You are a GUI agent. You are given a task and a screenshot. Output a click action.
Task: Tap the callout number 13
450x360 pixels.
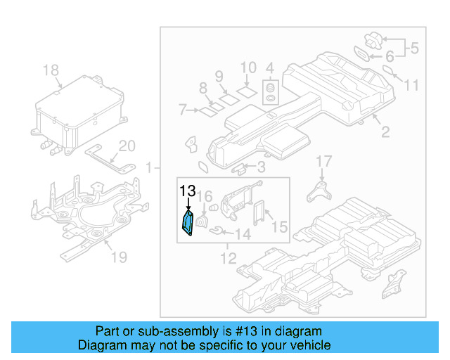(188, 191)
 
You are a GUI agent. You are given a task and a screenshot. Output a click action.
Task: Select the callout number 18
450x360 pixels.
(51, 70)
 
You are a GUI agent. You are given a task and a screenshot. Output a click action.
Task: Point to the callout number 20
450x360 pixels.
(126, 146)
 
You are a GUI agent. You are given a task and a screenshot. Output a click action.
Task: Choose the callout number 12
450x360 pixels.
(228, 259)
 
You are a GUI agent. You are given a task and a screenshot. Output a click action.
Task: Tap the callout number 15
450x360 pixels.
(279, 227)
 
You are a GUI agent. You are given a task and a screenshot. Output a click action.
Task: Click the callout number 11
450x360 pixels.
(411, 85)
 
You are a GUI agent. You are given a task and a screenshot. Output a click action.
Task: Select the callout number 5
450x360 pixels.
(414, 49)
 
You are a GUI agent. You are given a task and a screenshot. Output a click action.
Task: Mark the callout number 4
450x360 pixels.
(269, 68)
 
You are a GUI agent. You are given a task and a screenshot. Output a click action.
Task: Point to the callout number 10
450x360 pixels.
(249, 68)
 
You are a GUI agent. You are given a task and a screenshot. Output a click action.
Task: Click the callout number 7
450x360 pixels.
(183, 110)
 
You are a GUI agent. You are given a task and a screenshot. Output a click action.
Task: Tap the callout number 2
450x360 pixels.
(385, 131)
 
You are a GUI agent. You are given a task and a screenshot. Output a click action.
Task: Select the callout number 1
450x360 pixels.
(149, 167)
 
